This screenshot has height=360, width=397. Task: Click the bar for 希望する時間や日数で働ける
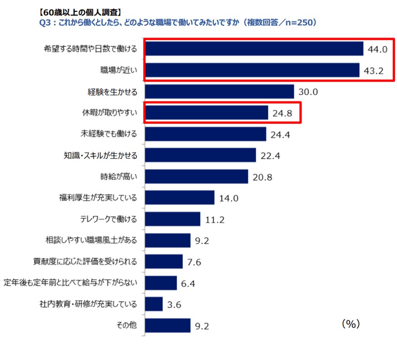254,49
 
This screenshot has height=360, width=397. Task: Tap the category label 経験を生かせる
112,91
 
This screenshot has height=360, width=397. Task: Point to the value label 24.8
283,113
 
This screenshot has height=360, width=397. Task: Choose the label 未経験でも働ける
108,134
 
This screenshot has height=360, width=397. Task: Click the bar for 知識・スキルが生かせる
200,155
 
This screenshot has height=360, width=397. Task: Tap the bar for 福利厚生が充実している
179,198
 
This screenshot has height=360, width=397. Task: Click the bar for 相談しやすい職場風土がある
167,240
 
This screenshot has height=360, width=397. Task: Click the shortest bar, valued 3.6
154,304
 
